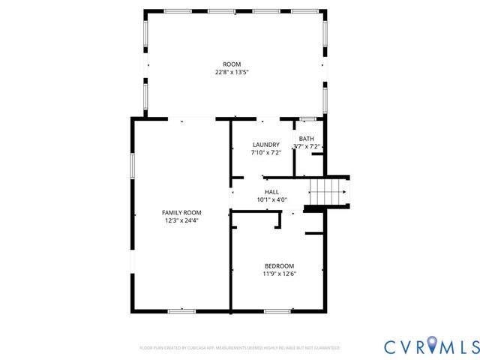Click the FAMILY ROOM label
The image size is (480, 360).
tap(181, 213)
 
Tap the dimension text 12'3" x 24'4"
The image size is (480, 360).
tap(181, 220)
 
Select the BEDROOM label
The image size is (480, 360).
tap(279, 266)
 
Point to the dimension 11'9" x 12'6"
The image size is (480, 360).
tap(279, 274)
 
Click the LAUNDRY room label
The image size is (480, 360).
tap(265, 145)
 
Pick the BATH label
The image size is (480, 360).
tap(306, 139)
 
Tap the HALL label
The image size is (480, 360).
tap(271, 192)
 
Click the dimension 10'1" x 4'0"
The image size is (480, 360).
tap(271, 199)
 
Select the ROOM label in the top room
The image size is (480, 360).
tap(232, 64)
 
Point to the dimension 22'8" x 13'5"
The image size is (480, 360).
tap(232, 72)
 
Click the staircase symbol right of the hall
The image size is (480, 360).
tap(328, 192)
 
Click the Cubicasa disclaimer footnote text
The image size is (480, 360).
tap(239, 348)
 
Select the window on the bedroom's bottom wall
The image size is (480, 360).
tap(277, 310)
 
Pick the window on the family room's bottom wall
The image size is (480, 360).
tap(181, 310)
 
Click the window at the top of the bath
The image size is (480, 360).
tap(307, 118)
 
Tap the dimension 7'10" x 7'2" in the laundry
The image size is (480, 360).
tap(265, 152)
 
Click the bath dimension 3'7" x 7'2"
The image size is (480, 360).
tap(306, 146)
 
